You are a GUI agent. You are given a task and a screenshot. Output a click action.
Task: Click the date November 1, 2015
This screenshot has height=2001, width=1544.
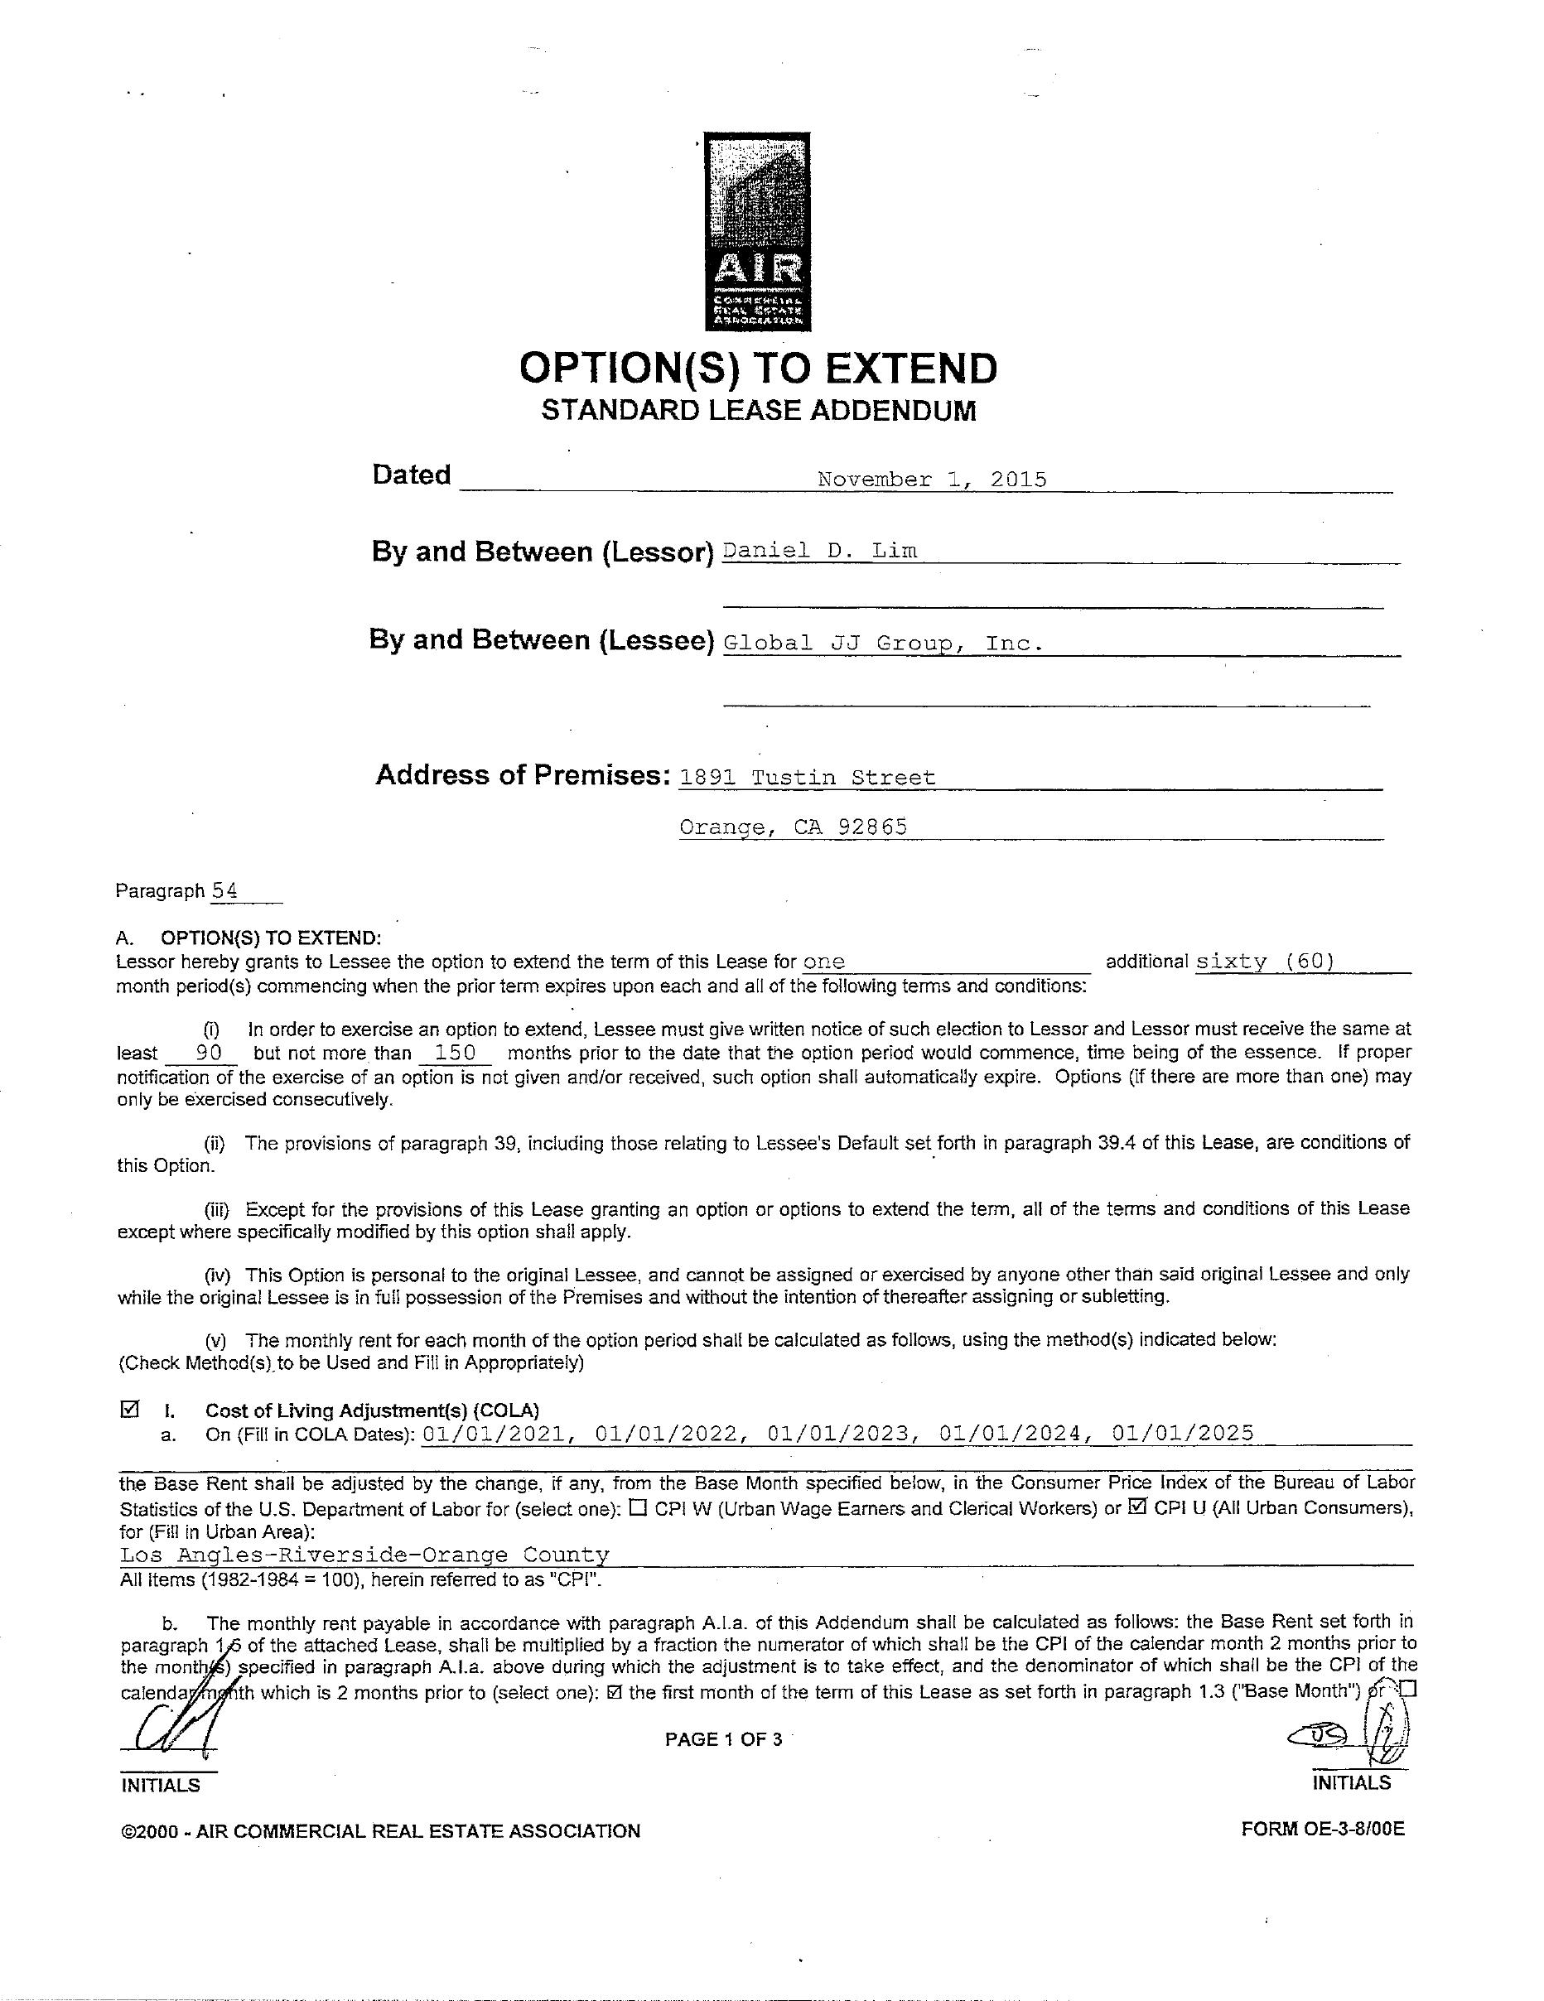pyautogui.click(x=932, y=480)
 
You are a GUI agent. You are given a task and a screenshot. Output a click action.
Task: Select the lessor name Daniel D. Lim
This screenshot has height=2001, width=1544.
pyautogui.click(x=820, y=551)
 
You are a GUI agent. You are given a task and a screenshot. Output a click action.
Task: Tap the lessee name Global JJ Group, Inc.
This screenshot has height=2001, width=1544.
pyautogui.click(x=882, y=644)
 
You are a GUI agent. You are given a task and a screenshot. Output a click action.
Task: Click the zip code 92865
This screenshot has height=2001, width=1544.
pyautogui.click(x=873, y=827)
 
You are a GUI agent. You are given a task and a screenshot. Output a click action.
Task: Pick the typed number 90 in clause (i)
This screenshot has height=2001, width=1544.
pyautogui.click(x=209, y=1053)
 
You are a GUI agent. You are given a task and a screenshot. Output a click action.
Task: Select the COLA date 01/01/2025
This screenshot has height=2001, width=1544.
pyautogui.click(x=1182, y=1434)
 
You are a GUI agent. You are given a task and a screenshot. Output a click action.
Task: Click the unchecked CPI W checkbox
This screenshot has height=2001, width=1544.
pyautogui.click(x=639, y=1507)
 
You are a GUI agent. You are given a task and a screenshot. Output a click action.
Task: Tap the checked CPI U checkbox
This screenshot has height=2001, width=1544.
pyautogui.click(x=1138, y=1507)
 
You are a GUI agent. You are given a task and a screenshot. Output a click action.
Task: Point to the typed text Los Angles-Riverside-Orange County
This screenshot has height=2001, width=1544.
pyautogui.click(x=364, y=1555)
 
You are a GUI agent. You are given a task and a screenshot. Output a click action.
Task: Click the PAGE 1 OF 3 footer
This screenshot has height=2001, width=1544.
pyautogui.click(x=723, y=1740)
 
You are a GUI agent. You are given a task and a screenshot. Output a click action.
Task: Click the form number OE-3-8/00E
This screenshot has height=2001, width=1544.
pyautogui.click(x=1322, y=1830)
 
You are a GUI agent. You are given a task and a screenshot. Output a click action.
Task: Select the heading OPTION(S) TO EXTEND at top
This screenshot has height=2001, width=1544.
pyautogui.click(x=758, y=369)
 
